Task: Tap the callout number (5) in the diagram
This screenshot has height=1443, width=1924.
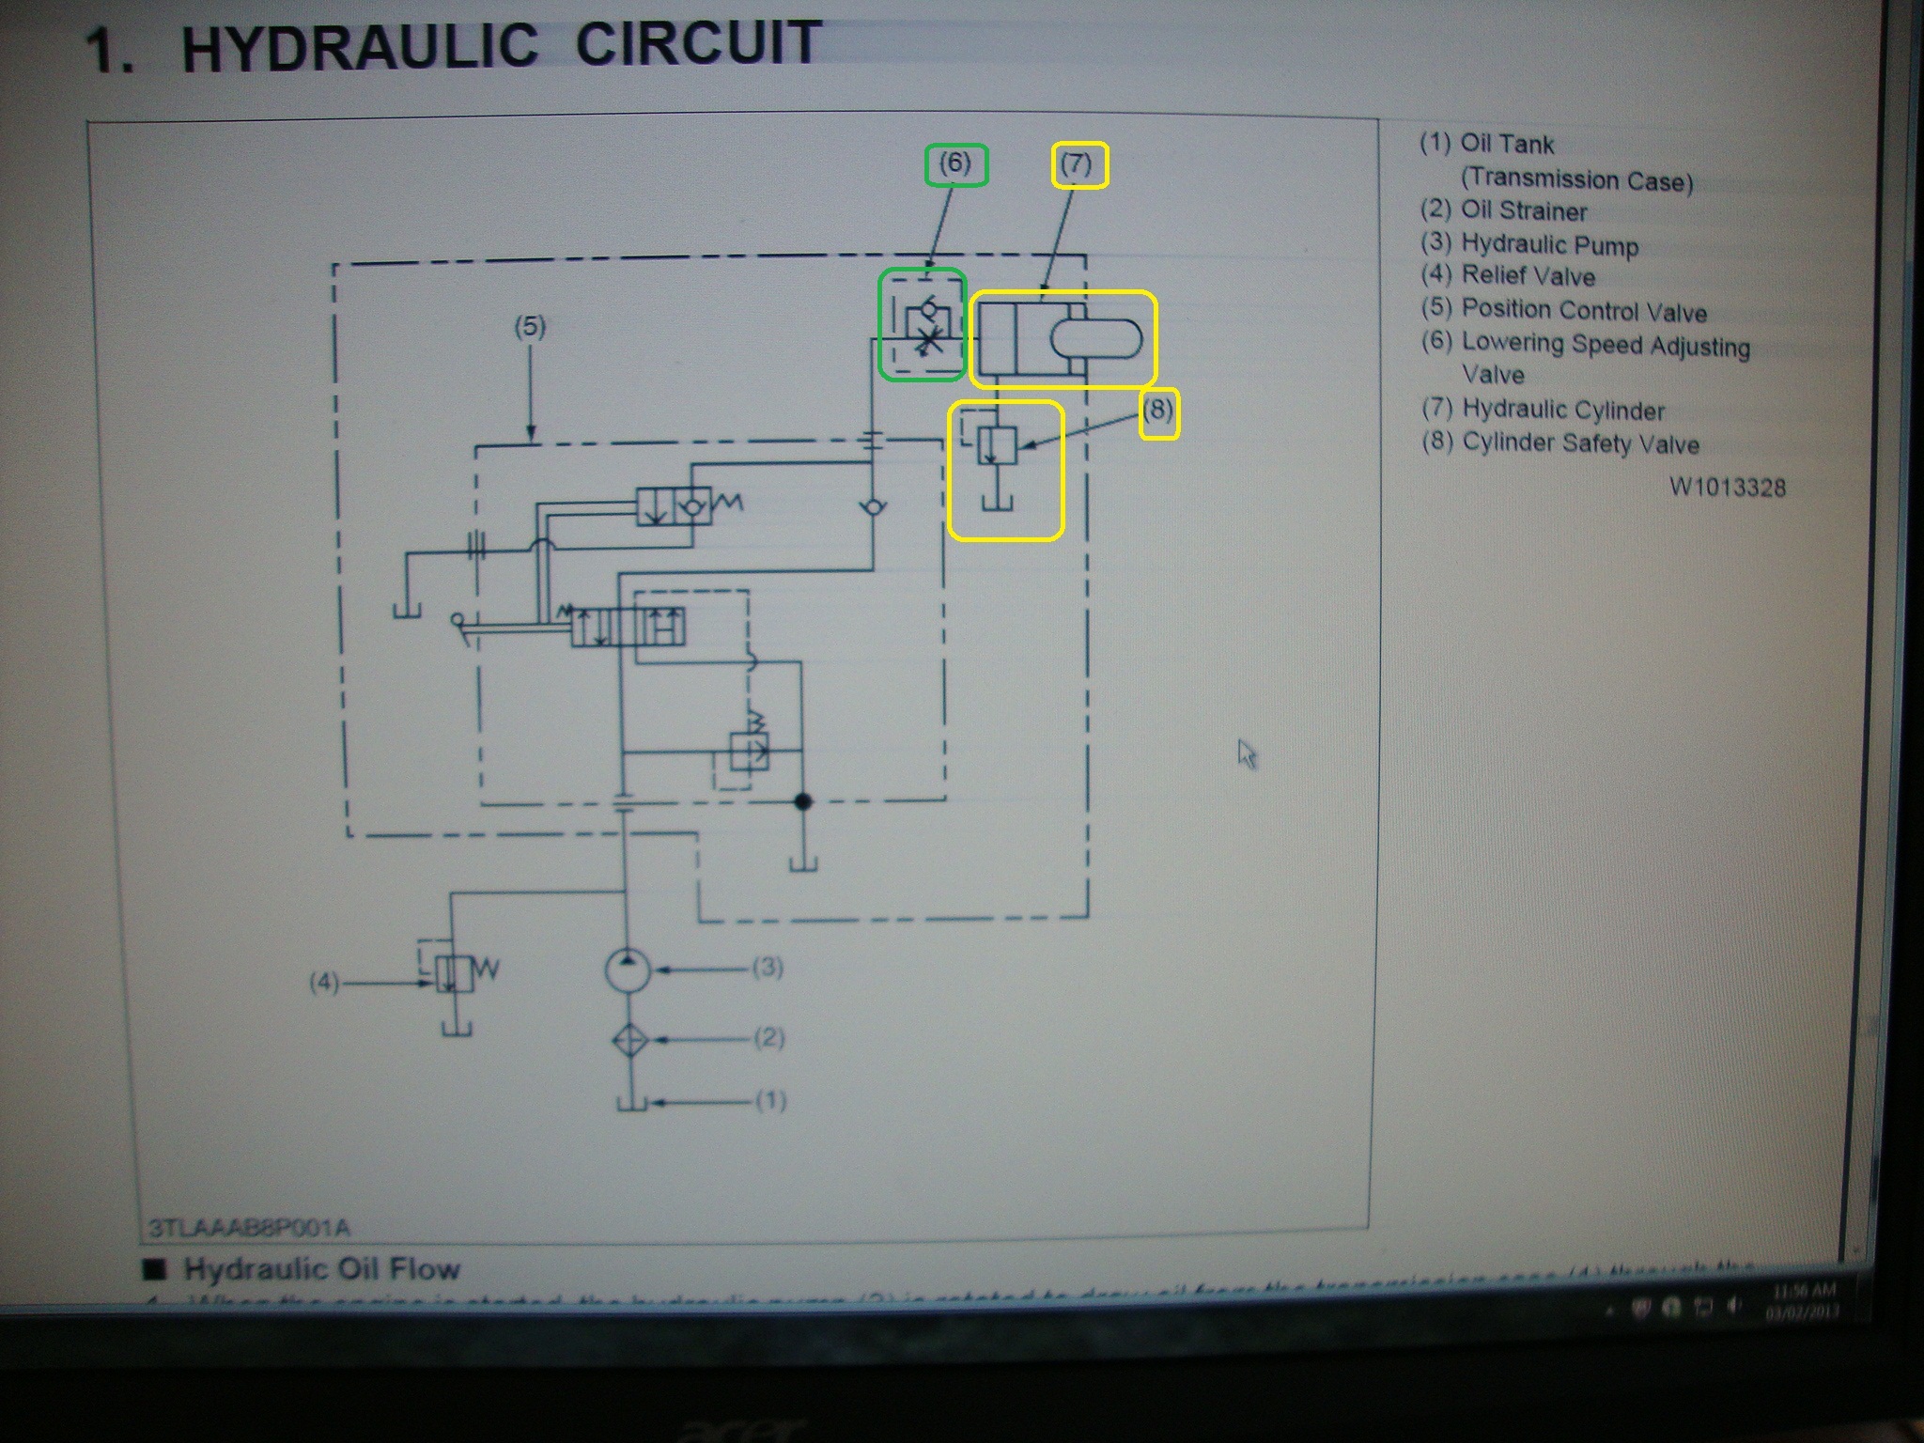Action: coord(530,327)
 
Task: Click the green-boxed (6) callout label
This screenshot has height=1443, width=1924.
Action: coord(954,164)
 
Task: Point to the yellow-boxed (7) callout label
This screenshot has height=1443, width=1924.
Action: coord(1078,165)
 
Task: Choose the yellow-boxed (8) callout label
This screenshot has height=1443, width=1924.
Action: coord(1158,411)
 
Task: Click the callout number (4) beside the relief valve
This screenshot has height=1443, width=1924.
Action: coord(324,983)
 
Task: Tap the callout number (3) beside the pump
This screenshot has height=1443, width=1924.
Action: coord(768,968)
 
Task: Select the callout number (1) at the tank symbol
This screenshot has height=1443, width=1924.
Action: coord(770,1100)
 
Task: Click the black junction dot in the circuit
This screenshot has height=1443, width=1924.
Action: coord(803,801)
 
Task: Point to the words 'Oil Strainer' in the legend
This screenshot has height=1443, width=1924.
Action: coord(1524,211)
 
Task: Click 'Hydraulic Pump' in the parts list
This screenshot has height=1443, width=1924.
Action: coord(1549,245)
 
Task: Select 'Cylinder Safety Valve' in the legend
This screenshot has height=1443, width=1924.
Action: coord(1580,443)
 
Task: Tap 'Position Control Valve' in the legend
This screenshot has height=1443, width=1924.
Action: coord(1584,311)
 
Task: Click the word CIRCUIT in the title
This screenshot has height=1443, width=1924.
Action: coord(698,44)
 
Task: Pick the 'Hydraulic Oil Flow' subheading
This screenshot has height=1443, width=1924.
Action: coord(321,1270)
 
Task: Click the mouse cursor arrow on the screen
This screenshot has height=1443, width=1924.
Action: coord(1246,753)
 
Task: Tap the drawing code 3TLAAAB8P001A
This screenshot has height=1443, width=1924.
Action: coord(250,1228)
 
